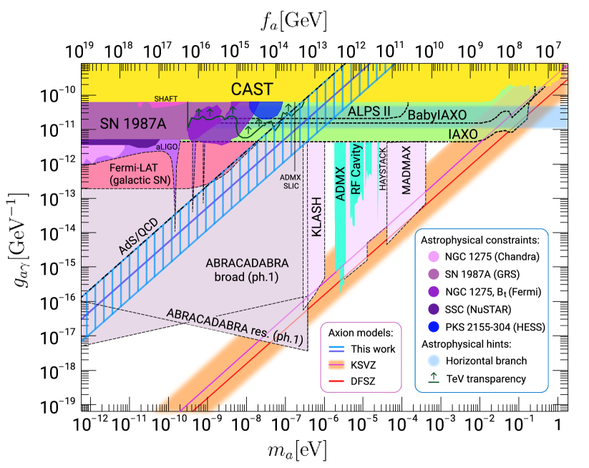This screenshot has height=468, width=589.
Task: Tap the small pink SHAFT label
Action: (x=165, y=98)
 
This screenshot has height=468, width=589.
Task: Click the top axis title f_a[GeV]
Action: (x=294, y=21)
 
